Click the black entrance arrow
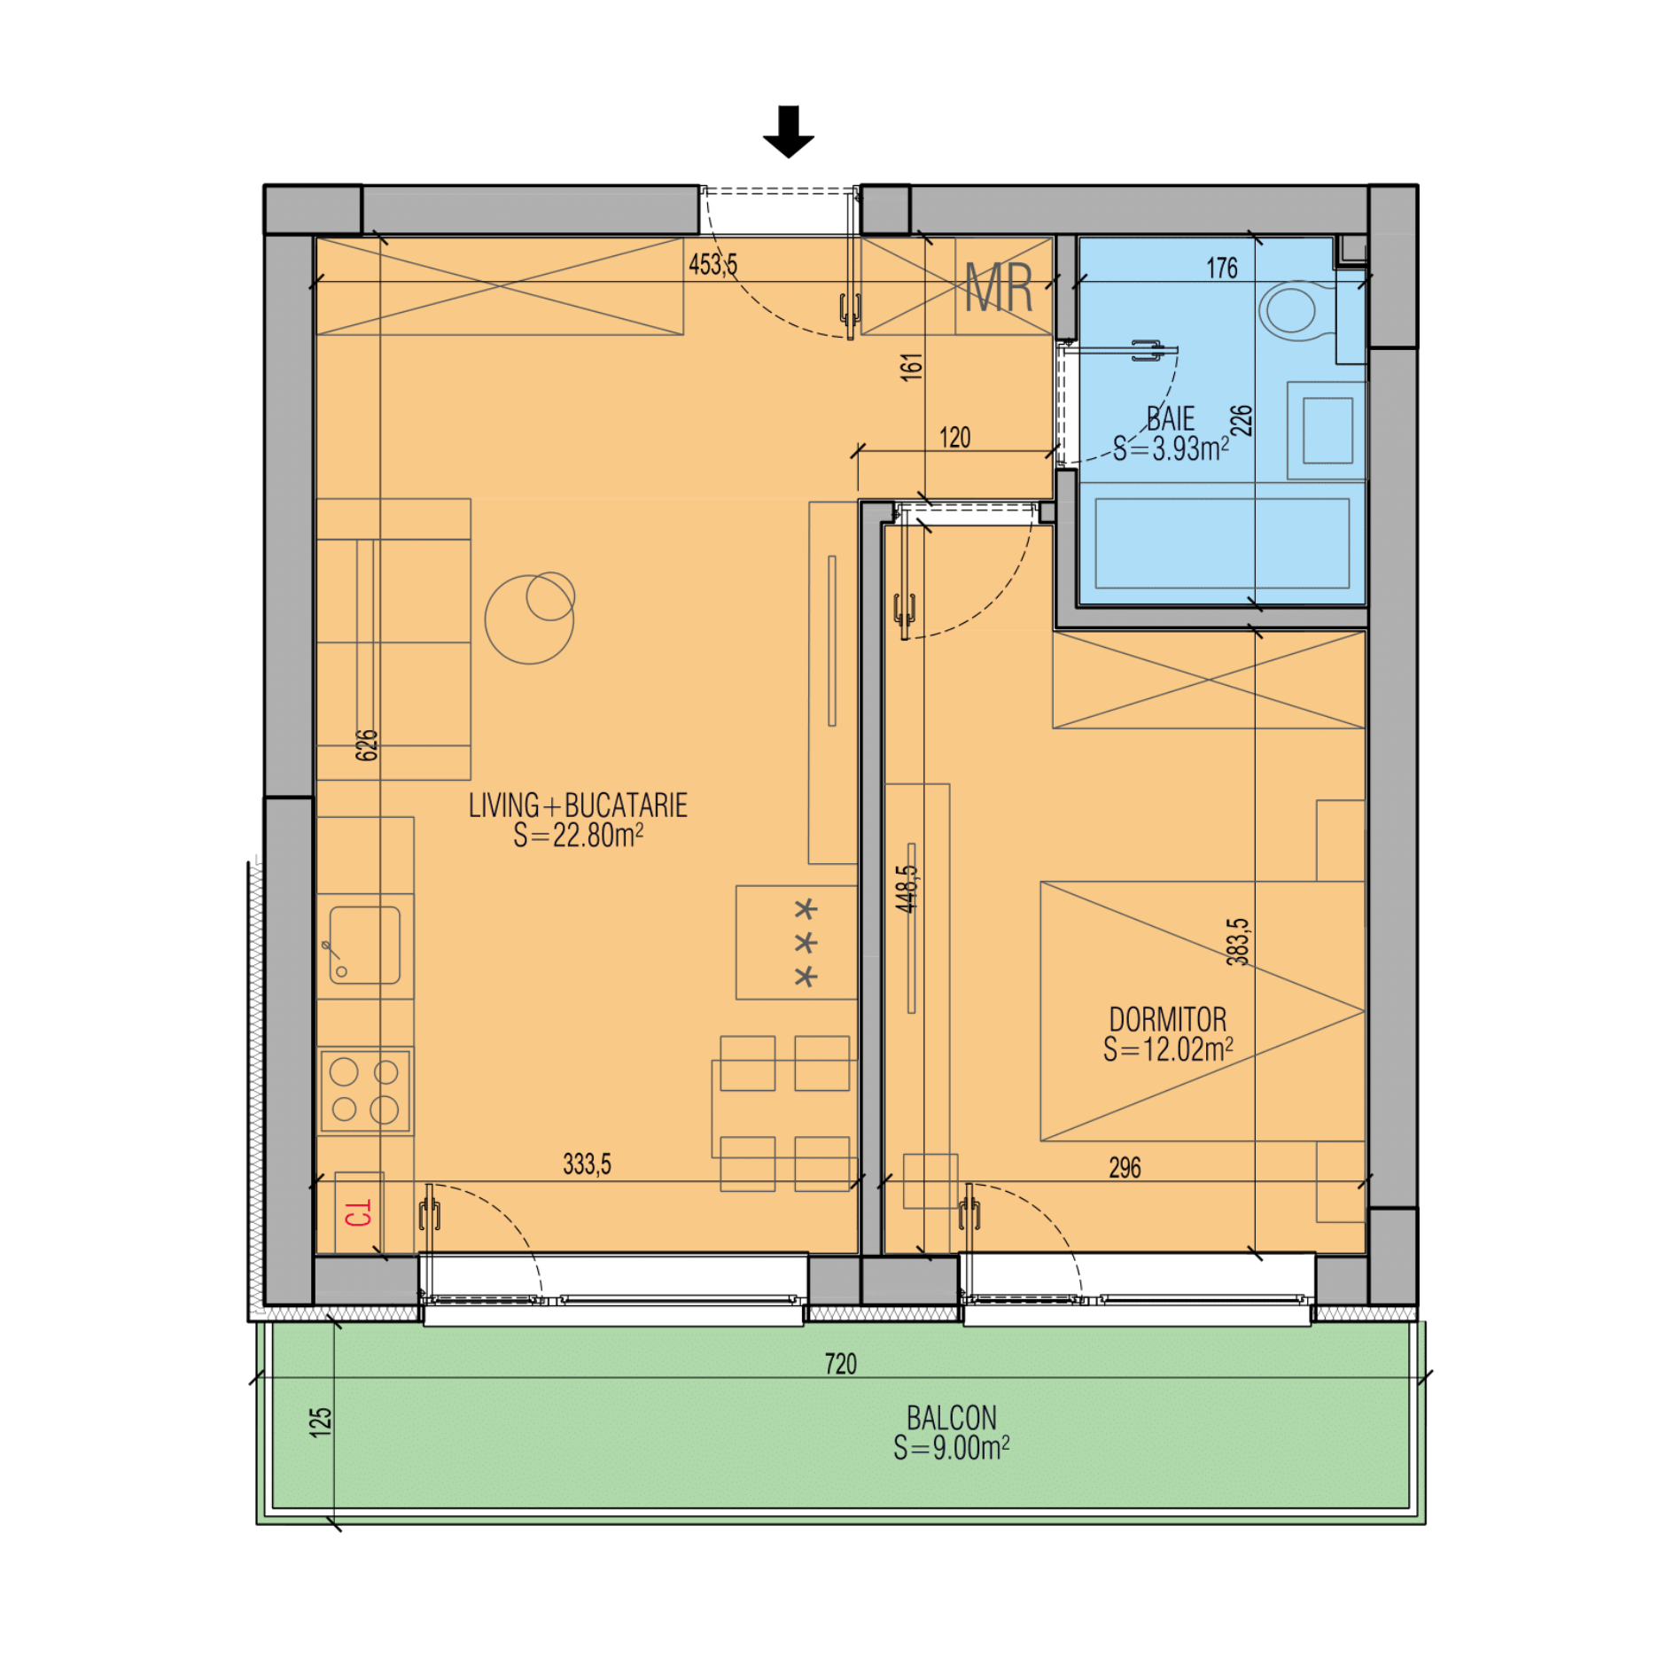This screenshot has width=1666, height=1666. (x=788, y=131)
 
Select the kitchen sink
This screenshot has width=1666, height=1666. (x=364, y=945)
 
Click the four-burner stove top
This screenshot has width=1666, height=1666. (x=364, y=1091)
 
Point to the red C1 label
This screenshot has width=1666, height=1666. (x=358, y=1213)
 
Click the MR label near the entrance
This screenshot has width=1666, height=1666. (x=999, y=288)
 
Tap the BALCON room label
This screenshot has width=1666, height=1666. (x=952, y=1418)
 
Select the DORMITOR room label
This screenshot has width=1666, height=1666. (x=1168, y=1019)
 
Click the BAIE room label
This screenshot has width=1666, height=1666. (x=1171, y=418)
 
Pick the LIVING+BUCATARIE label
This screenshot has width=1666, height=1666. (x=578, y=806)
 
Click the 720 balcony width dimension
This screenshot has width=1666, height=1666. (x=841, y=1364)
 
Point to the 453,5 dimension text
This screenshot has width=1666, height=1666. (x=712, y=264)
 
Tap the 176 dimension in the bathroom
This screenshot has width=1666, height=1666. (x=1222, y=268)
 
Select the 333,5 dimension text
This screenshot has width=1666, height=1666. (x=587, y=1164)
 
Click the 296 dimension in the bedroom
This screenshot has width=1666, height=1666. (x=1125, y=1167)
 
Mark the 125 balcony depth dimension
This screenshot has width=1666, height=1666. (x=320, y=1421)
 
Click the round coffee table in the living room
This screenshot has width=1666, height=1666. (x=530, y=618)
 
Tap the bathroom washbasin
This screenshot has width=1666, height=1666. (x=1327, y=431)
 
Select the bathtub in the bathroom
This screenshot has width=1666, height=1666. (x=1222, y=543)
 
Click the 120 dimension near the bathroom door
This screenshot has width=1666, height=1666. (x=954, y=438)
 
